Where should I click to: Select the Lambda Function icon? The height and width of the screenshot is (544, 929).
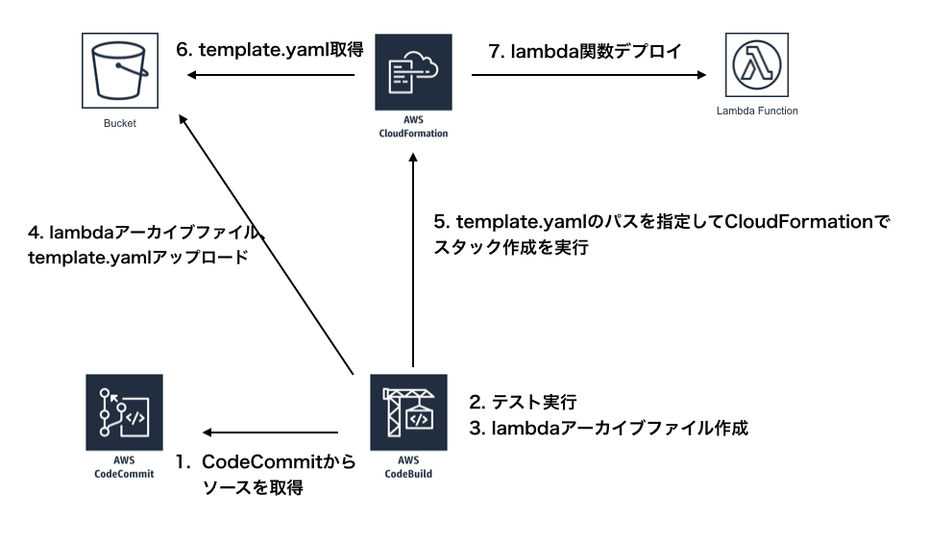pyautogui.click(x=757, y=65)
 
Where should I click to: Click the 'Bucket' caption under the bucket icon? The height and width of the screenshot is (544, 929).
pyautogui.click(x=120, y=124)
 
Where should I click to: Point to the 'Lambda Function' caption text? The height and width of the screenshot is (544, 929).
pyautogui.click(x=757, y=111)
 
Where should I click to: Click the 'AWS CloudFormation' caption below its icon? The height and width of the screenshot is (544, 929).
pyautogui.click(x=413, y=127)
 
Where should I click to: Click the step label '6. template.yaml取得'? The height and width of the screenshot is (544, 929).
pyautogui.click(x=270, y=49)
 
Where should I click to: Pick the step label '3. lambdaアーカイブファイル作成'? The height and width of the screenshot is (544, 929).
pyautogui.click(x=608, y=429)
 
